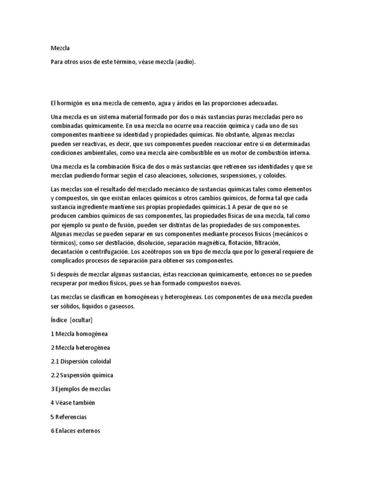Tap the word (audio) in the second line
click(x=185, y=62)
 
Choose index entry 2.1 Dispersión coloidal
click(x=80, y=361)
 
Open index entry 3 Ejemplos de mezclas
click(x=80, y=389)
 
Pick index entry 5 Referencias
click(x=68, y=417)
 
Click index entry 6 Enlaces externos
click(x=75, y=431)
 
